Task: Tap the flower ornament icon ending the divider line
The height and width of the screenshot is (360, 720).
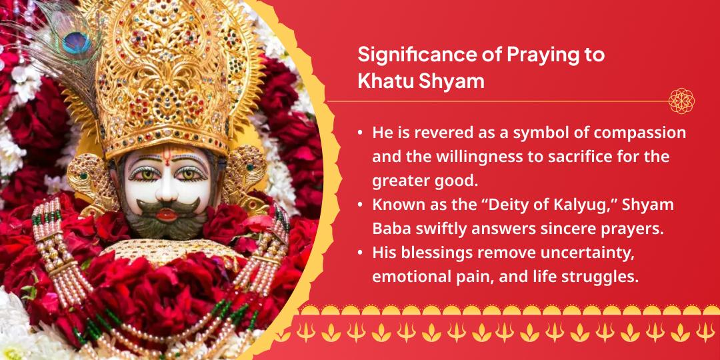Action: (x=681, y=101)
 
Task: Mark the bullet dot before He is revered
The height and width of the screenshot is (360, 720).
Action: (x=360, y=133)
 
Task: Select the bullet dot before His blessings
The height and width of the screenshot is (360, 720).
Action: (x=360, y=253)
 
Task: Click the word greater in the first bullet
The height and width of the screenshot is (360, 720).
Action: (x=398, y=181)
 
